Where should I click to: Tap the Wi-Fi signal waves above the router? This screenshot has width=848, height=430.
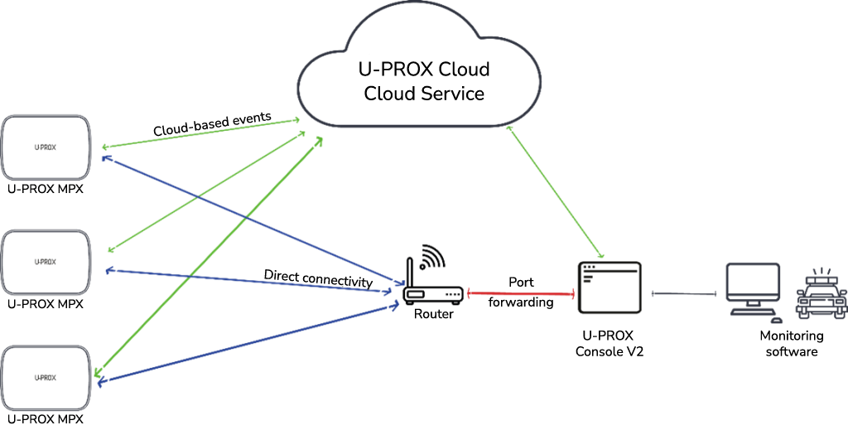click(x=432, y=257)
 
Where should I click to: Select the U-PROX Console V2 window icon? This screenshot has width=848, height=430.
click(x=609, y=287)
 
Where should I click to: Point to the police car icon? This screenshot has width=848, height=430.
click(x=820, y=298)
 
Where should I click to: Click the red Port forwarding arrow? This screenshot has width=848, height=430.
click(x=521, y=292)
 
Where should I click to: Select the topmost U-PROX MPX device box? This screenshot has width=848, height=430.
click(x=46, y=147)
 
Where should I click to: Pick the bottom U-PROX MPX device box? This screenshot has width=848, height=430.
click(x=46, y=377)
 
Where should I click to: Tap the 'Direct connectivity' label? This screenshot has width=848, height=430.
click(x=318, y=278)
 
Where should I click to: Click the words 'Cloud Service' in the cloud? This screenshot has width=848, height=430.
click(x=424, y=93)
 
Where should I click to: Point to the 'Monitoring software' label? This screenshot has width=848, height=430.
click(x=792, y=343)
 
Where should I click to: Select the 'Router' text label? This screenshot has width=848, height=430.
click(x=434, y=314)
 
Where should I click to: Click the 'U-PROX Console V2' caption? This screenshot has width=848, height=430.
click(x=609, y=344)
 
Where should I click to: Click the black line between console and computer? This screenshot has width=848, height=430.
click(x=684, y=293)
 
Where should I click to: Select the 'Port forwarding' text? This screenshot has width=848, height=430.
click(x=521, y=292)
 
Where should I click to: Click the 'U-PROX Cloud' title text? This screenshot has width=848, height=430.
click(x=424, y=69)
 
